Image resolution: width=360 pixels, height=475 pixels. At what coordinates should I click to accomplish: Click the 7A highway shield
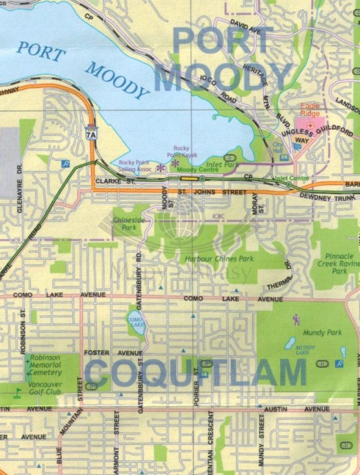92,134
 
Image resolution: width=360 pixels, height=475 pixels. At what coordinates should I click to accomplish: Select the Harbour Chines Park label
219,258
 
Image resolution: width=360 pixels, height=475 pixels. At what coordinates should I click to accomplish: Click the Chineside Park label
125,222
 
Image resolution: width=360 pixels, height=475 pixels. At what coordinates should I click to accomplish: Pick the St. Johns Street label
212,191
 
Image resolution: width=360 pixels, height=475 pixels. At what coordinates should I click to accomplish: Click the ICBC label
218,215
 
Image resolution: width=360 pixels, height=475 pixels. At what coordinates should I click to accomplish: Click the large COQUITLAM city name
196,373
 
